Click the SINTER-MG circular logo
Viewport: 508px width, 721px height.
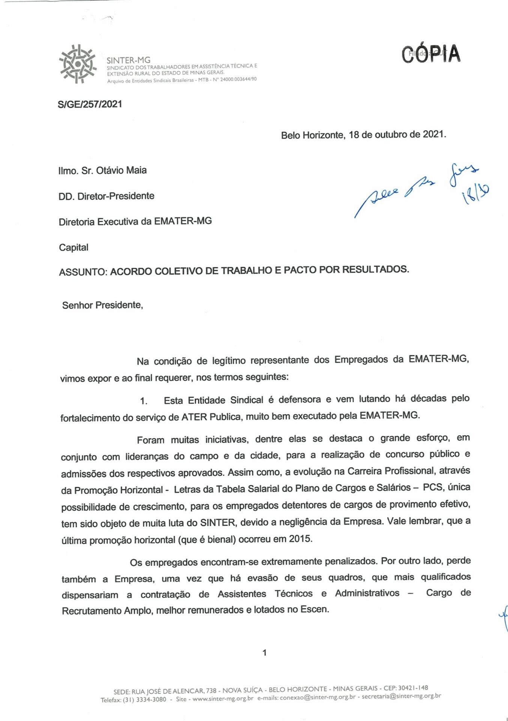[x=78, y=64]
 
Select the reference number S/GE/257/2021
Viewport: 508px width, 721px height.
[x=90, y=104]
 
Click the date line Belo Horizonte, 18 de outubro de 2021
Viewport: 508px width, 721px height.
[x=363, y=134]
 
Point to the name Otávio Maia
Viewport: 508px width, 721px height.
[x=121, y=170]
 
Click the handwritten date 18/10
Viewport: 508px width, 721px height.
[x=477, y=194]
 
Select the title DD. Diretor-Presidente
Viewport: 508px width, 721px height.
[x=106, y=196]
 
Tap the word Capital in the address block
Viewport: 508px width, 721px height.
[x=74, y=247]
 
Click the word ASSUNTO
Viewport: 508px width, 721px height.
[x=83, y=272]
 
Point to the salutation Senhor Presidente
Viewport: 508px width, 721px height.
[x=102, y=305]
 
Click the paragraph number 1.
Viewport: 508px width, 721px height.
[x=144, y=401]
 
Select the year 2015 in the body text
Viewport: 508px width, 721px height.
[x=300, y=539]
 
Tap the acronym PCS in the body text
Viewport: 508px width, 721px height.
[x=433, y=487]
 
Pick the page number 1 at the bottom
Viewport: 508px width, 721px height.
[x=265, y=653]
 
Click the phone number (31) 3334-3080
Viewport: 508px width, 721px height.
[x=144, y=699]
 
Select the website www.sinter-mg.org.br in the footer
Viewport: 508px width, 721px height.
[x=223, y=699]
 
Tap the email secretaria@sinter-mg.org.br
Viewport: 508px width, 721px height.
[x=401, y=696]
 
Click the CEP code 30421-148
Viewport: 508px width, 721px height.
[x=413, y=688]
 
